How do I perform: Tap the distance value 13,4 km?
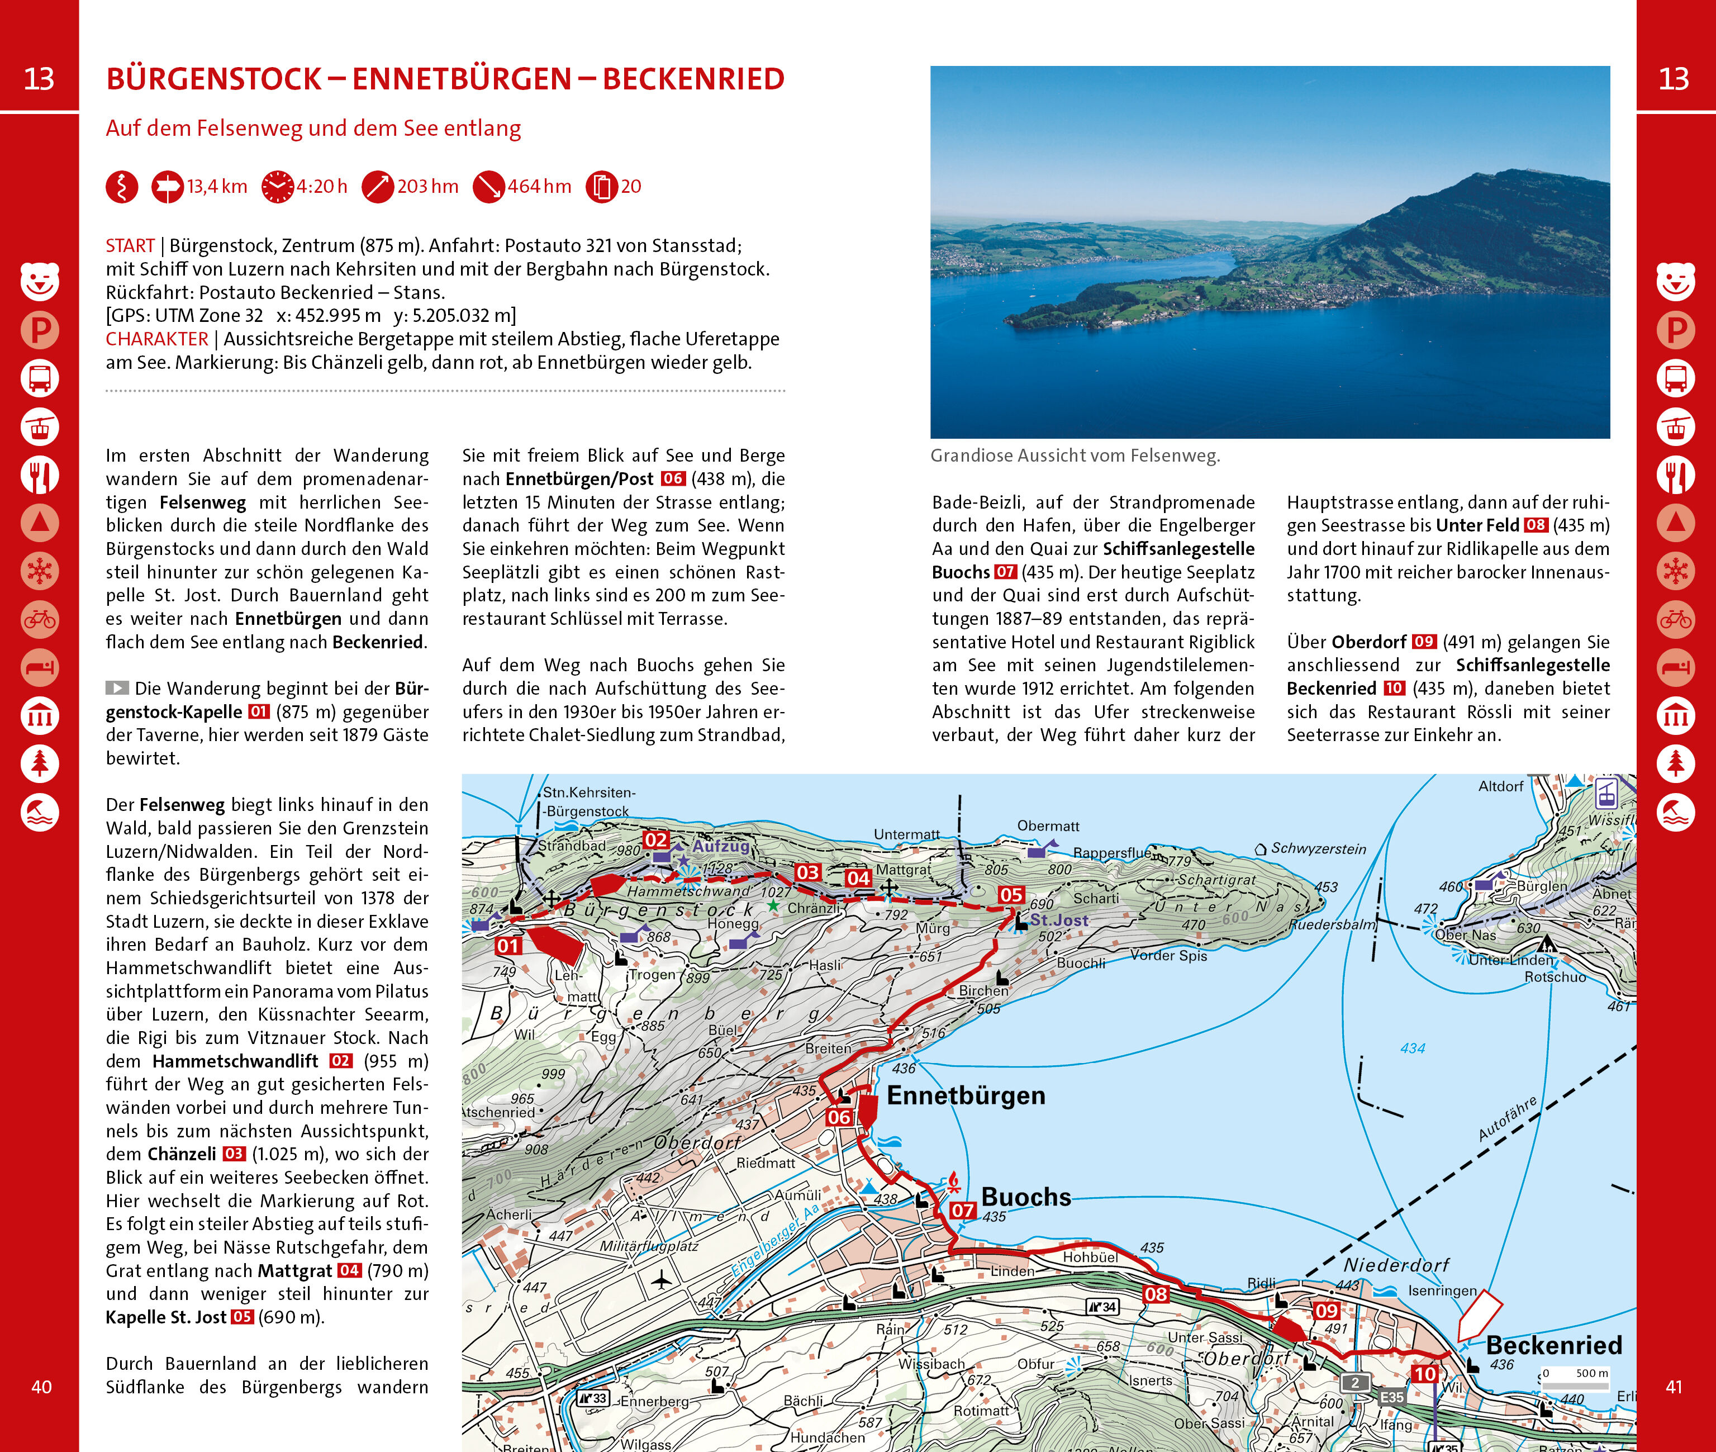pos(217,187)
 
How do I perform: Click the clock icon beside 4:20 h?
pos(277,187)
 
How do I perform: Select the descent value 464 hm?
pos(539,187)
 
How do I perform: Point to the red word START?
pos(130,246)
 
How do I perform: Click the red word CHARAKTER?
pos(156,339)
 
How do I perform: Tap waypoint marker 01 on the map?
pos(508,946)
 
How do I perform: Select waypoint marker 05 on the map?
pos(1011,895)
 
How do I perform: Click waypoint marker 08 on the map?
pos(1156,1293)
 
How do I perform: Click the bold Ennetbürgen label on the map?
pos(966,1095)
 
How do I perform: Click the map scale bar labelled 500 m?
pos(1575,1385)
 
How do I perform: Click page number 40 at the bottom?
pos(41,1387)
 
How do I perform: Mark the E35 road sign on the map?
pos(1392,1397)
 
